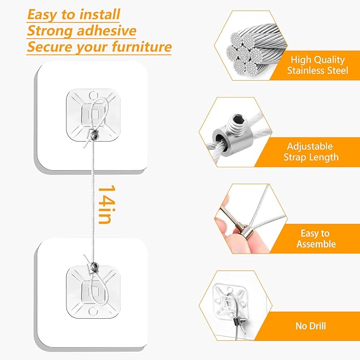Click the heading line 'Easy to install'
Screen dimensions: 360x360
pos(74,14)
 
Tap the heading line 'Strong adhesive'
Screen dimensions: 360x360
pos(82,30)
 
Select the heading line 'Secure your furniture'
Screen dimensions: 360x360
pos(100,47)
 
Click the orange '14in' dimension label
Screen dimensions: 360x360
pos(106,204)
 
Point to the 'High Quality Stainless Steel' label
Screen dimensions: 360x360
pos(318,65)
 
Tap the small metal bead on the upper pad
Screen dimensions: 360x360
pos(94,136)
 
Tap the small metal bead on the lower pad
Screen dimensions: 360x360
pos(94,265)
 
